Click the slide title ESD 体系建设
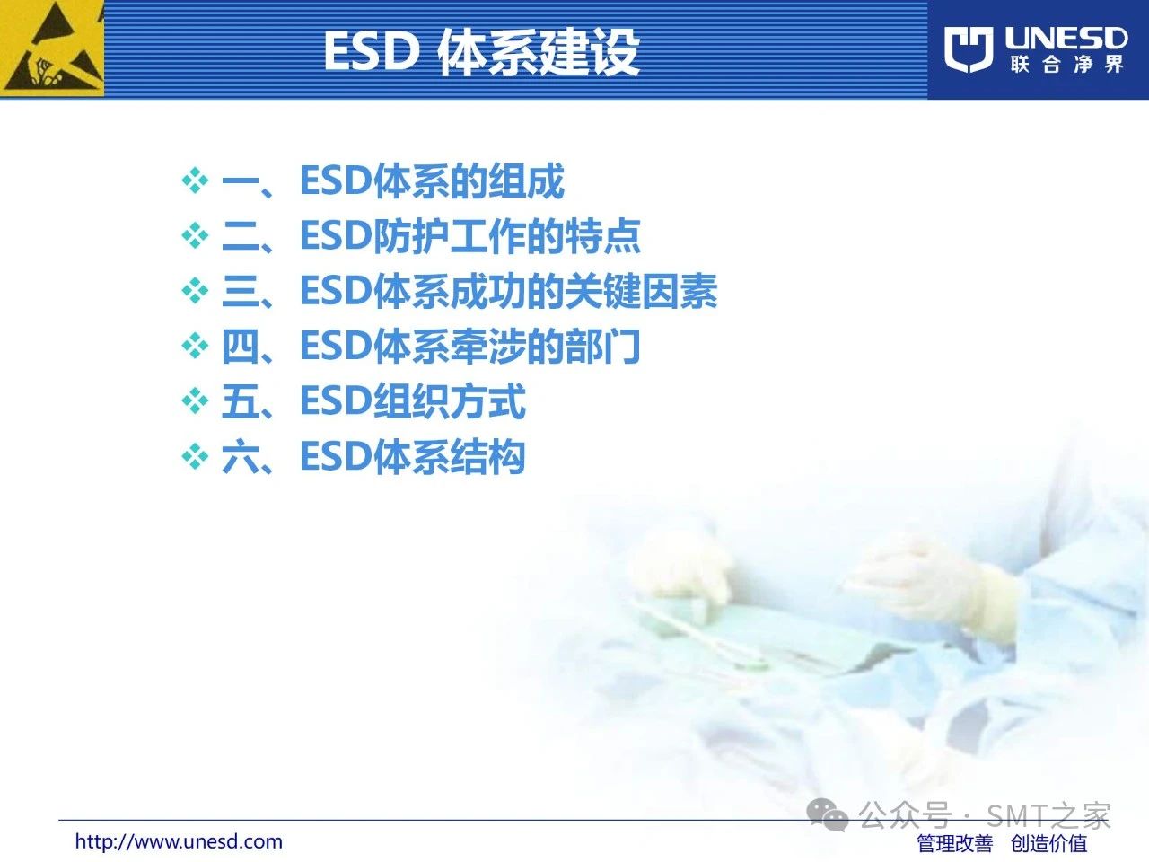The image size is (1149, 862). coord(482,52)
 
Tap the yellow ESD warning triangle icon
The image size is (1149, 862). coord(52,48)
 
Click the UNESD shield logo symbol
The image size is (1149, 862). coord(969,49)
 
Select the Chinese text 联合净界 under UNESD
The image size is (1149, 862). coord(1066,65)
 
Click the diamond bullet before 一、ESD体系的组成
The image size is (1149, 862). coord(195,180)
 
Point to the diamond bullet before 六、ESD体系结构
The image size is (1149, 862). coord(195,456)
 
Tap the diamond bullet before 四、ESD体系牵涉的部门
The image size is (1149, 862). coord(195,346)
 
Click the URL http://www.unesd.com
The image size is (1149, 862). coord(179,841)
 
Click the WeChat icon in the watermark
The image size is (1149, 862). coord(828,815)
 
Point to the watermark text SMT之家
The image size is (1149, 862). coord(1048,815)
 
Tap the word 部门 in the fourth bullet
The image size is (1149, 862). coord(602,346)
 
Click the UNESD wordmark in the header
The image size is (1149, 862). coord(1066,39)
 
